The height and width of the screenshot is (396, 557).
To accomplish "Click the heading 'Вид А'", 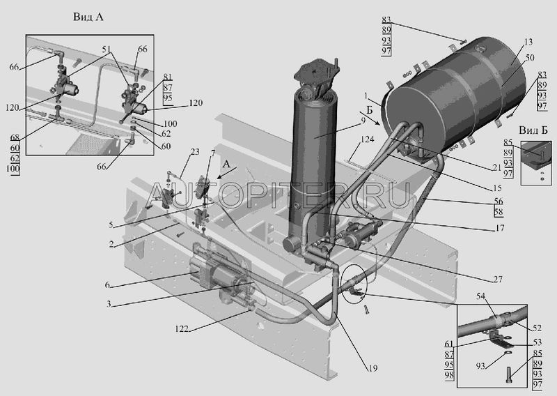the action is pyautogui.click(x=88, y=17).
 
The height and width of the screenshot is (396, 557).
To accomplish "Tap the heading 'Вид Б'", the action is pyautogui.click(x=533, y=130).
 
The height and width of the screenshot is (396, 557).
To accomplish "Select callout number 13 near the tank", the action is pyautogui.click(x=528, y=42).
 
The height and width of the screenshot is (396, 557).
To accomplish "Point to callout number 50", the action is pyautogui.click(x=530, y=57).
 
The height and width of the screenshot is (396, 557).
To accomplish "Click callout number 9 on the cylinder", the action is pyautogui.click(x=363, y=121).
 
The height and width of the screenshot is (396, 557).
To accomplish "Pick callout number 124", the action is pyautogui.click(x=368, y=139).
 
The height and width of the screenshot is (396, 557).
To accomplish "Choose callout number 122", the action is pyautogui.click(x=182, y=329).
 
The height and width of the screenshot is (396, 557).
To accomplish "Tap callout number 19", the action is pyautogui.click(x=372, y=368).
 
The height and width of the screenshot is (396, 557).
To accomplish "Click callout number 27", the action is pyautogui.click(x=498, y=279).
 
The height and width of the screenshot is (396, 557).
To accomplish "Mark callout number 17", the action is pyautogui.click(x=499, y=228).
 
